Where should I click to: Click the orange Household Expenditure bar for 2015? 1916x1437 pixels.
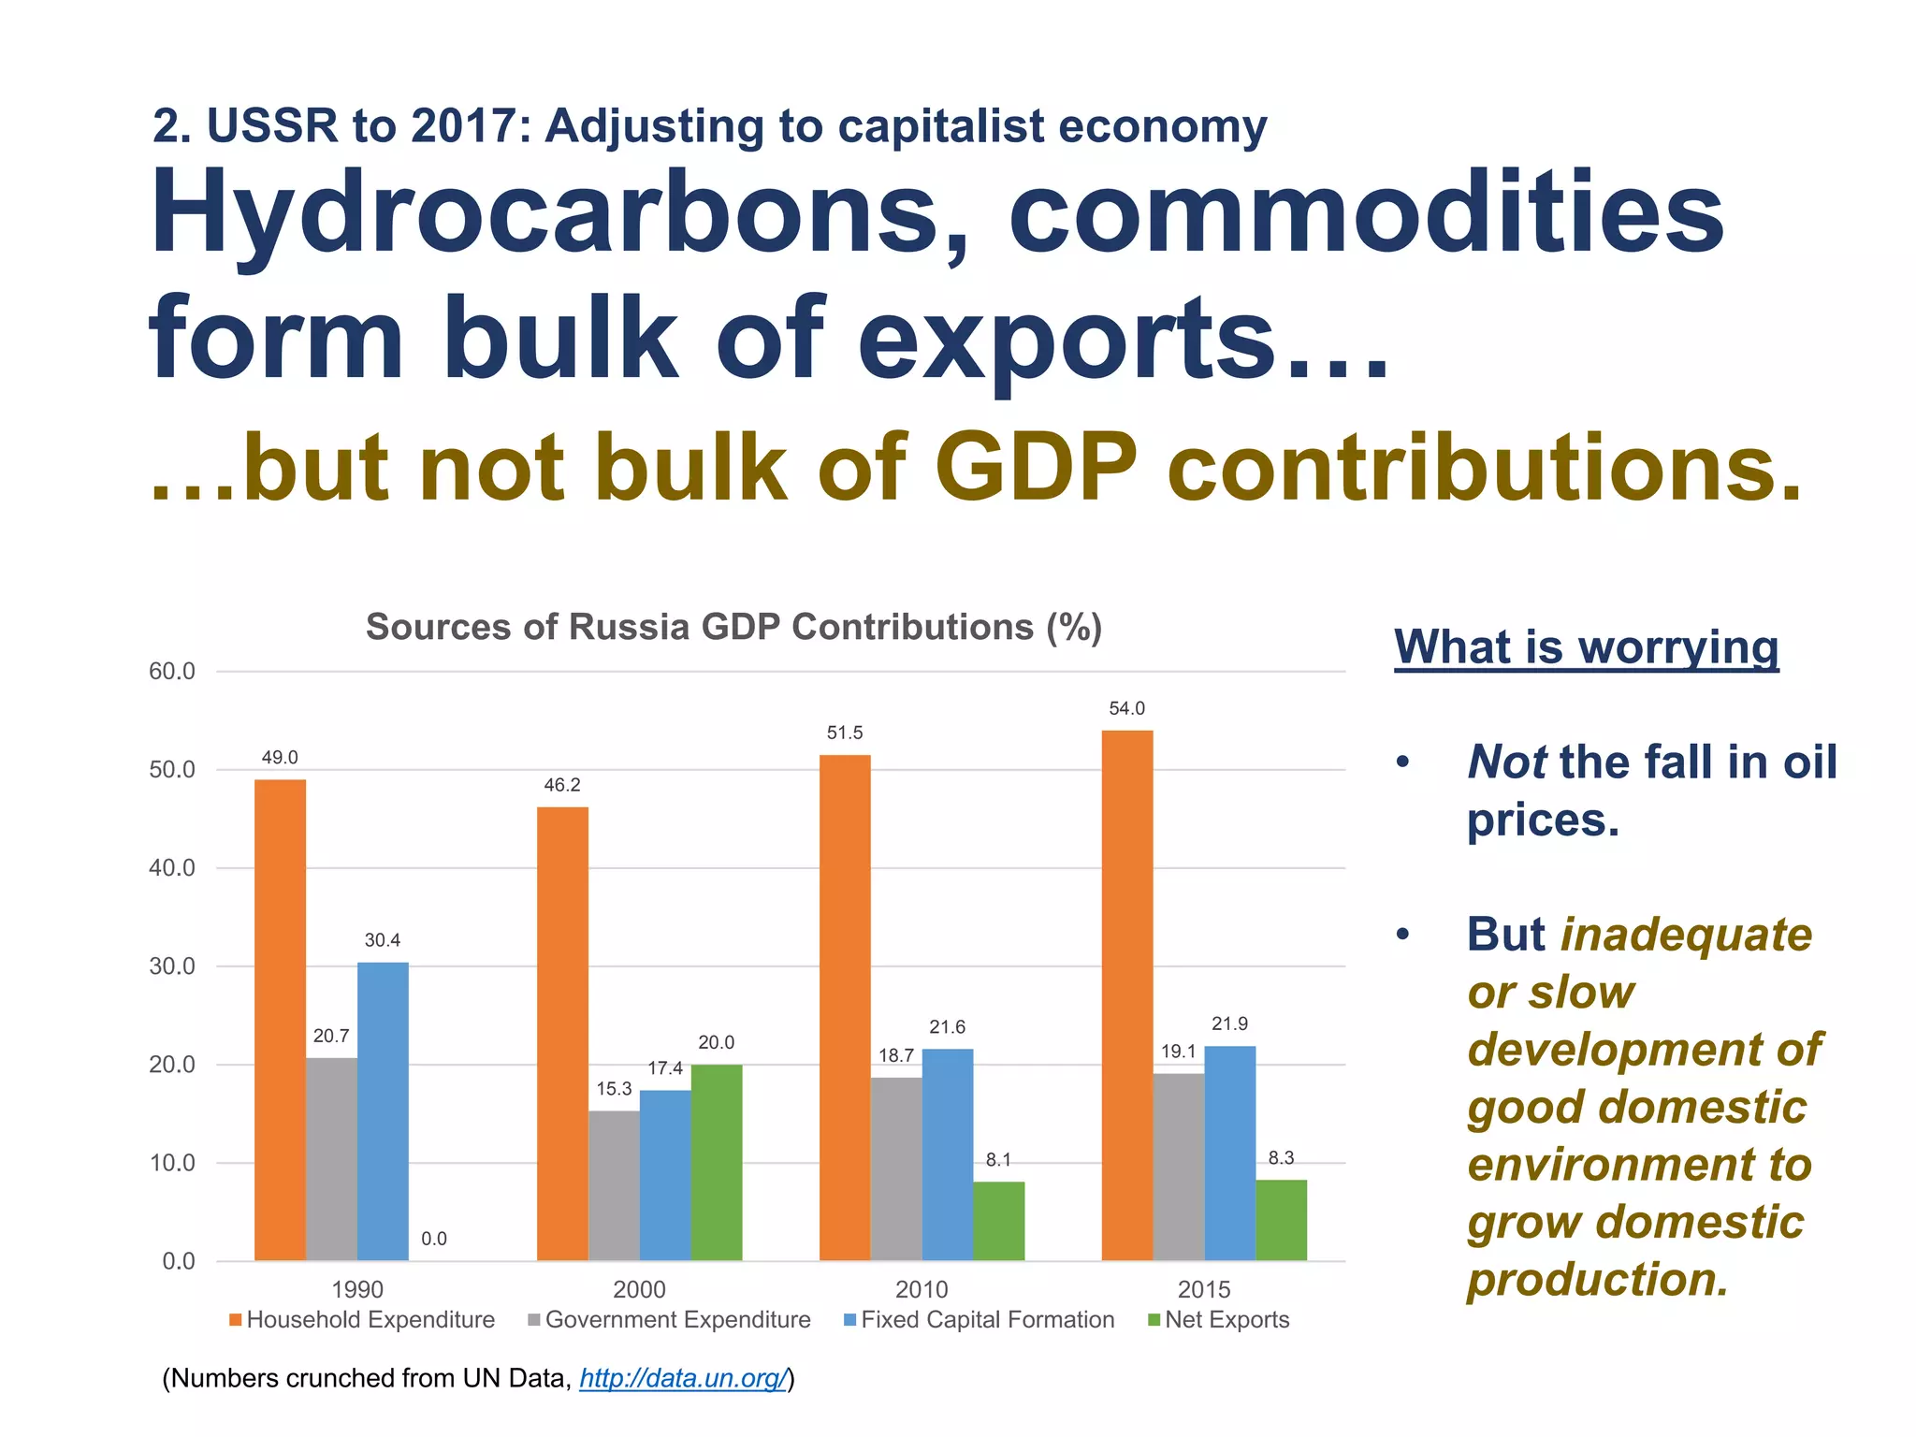1126,995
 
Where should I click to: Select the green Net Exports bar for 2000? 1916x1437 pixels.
716,1162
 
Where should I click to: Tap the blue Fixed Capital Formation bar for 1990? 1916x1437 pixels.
383,1110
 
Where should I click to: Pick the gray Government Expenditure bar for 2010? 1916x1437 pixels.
895,1168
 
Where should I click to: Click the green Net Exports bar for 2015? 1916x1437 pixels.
1280,1220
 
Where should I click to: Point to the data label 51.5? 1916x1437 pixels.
844,733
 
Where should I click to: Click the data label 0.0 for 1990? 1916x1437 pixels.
433,1239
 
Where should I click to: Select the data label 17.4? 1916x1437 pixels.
664,1068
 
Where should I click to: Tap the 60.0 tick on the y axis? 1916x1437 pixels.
172,671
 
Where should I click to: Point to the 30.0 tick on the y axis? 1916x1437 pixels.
172,966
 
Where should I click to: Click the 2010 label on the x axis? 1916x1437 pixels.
921,1289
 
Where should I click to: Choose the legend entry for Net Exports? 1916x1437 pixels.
1226,1320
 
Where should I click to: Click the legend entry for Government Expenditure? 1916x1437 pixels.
676,1320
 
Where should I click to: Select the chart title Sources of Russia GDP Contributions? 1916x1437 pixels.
733,627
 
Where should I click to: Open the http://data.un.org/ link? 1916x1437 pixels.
682,1378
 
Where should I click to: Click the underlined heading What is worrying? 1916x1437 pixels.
1586,646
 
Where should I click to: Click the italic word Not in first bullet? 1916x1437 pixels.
1505,762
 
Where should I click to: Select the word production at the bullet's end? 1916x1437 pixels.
1596,1279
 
